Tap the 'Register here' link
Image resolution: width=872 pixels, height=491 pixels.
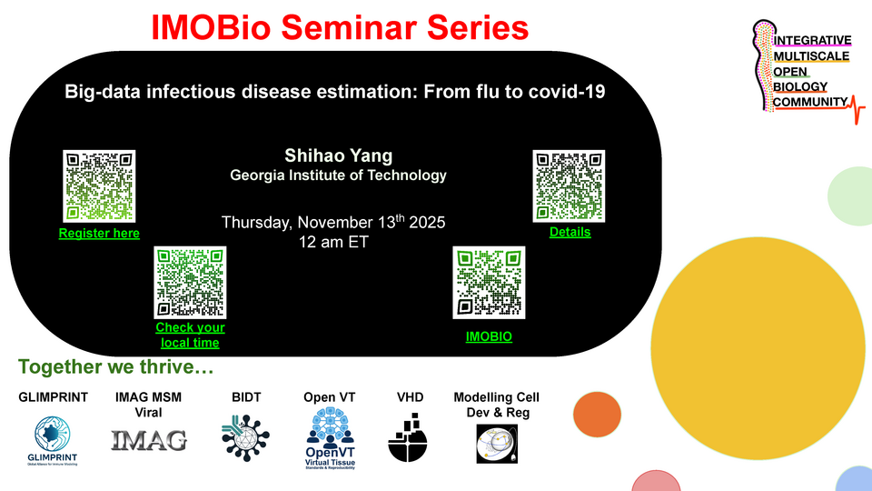[99, 234]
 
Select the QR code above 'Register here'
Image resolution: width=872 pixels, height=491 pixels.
[99, 185]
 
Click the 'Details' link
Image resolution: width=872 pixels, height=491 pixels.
[570, 232]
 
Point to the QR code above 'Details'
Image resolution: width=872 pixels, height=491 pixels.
[569, 185]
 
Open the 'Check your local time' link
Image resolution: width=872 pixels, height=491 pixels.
[190, 335]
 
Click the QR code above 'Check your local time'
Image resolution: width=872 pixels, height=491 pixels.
[190, 282]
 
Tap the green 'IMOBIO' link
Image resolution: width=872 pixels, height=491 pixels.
[489, 336]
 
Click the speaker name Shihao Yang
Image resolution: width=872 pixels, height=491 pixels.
[338, 155]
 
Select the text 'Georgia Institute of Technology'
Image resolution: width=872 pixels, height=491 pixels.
[338, 175]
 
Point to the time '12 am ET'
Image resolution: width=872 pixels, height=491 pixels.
[333, 243]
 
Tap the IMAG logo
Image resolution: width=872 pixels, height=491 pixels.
[148, 441]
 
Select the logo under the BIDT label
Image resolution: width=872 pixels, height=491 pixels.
[246, 438]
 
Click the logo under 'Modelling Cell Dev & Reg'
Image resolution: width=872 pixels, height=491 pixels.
[496, 443]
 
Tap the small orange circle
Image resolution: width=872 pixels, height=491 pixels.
[596, 414]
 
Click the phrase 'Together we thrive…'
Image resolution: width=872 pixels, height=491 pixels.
[114, 368]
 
